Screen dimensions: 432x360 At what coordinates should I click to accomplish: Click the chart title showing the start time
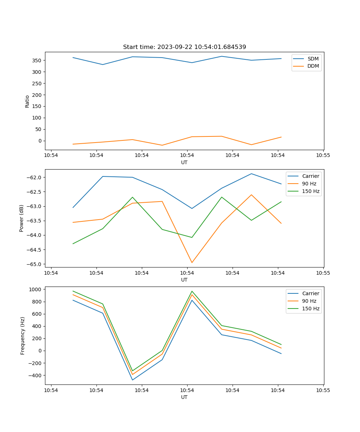click(184, 47)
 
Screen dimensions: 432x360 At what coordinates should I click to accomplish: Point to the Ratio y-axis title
click(27, 101)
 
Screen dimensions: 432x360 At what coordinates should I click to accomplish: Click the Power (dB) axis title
click(22, 218)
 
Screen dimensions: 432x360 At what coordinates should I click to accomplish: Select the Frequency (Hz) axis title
click(23, 336)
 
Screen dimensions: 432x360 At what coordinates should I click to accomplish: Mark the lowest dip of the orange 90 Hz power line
click(192, 262)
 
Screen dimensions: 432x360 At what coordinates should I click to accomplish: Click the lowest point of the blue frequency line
click(132, 380)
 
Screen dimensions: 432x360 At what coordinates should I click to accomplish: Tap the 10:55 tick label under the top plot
click(323, 156)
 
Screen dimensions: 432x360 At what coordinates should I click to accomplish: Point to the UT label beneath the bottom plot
click(184, 397)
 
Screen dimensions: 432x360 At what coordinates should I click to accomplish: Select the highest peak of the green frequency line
click(192, 291)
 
